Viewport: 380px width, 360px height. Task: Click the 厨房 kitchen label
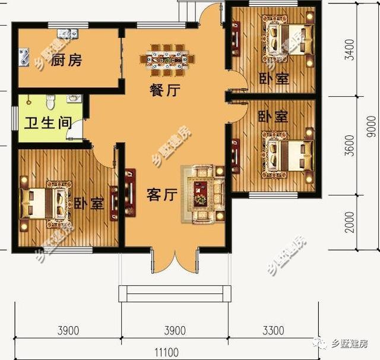[x=66, y=60]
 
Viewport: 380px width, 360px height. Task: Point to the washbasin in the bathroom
[x=72, y=99]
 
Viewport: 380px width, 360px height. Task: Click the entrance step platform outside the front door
[x=174, y=293]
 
